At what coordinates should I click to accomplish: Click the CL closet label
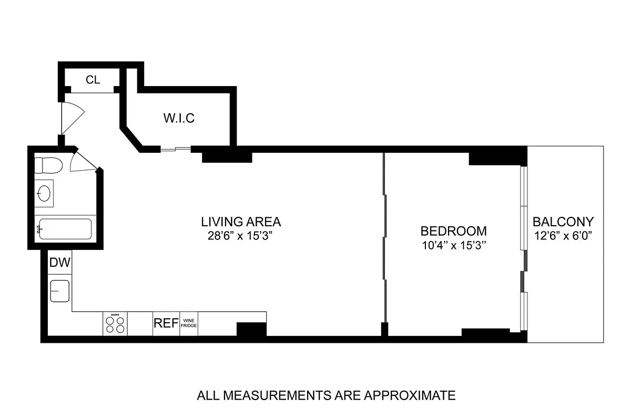click(93, 80)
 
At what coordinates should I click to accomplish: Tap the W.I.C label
click(178, 118)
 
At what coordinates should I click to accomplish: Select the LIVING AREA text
click(241, 222)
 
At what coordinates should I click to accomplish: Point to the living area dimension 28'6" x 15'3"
click(241, 236)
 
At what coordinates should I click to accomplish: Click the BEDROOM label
click(453, 231)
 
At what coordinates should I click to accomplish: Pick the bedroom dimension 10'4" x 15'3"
click(453, 245)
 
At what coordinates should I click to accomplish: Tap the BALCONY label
click(563, 222)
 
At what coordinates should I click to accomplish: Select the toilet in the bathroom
click(48, 165)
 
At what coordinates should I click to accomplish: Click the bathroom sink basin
click(45, 193)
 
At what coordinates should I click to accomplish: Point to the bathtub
click(64, 229)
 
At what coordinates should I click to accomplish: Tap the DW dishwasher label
click(59, 263)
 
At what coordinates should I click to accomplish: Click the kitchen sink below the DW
click(60, 291)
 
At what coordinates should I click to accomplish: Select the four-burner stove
click(116, 323)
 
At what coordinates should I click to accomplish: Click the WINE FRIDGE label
click(189, 323)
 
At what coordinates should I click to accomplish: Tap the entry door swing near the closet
click(71, 116)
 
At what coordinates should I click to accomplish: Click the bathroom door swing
click(83, 161)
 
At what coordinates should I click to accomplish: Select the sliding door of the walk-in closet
click(176, 150)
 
